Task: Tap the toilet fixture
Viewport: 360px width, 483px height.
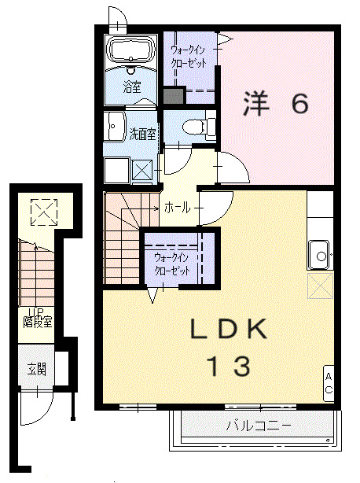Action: click(x=198, y=127)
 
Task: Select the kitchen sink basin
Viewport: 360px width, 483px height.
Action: click(x=320, y=255)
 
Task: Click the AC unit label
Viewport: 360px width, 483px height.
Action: click(x=329, y=383)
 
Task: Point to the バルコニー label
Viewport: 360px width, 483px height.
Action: click(x=259, y=426)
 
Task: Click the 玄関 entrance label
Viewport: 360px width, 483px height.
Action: click(x=37, y=369)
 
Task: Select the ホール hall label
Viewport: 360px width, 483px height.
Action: click(x=177, y=208)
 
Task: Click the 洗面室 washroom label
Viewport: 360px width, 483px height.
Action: click(x=142, y=135)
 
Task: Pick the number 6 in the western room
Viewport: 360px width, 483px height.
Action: click(x=299, y=104)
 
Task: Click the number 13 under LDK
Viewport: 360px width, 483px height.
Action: click(x=230, y=366)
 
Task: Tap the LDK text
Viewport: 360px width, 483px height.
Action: click(x=228, y=329)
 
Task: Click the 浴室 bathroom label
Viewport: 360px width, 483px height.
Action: click(x=132, y=87)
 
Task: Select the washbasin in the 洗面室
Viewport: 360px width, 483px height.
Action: click(x=114, y=127)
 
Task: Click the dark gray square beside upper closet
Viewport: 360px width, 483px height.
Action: click(x=174, y=96)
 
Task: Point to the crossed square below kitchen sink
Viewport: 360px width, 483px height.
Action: click(x=321, y=286)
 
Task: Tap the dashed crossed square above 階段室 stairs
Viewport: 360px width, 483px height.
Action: click(x=44, y=212)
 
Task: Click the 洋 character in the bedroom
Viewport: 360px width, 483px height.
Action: click(x=256, y=104)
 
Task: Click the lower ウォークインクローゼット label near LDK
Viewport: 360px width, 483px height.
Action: click(x=171, y=264)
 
